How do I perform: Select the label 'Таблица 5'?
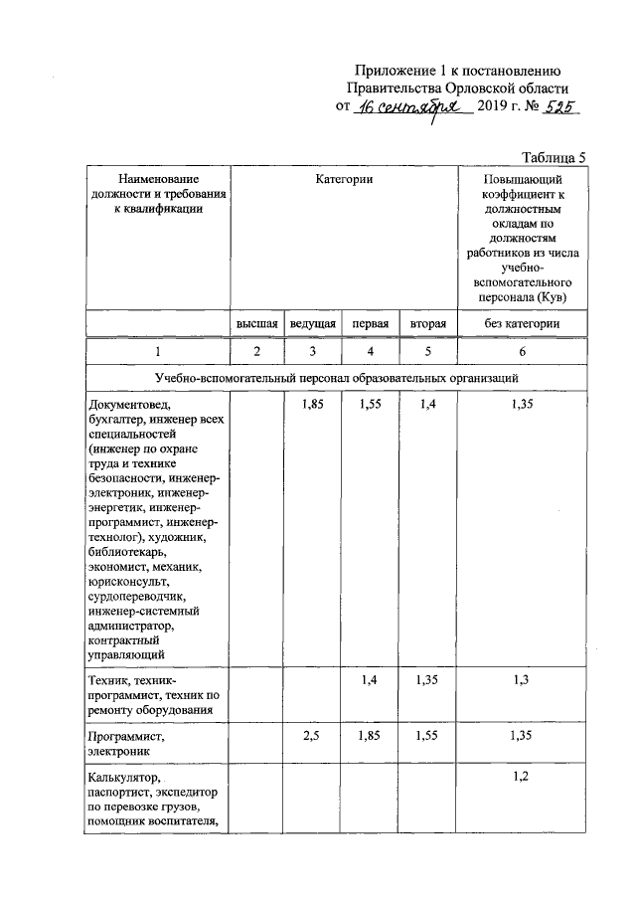[555, 157]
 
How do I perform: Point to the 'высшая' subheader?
[256, 324]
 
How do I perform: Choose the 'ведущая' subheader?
[312, 324]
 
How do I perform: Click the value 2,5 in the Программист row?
[311, 738]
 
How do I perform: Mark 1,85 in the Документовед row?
[312, 405]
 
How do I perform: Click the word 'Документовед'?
[130, 405]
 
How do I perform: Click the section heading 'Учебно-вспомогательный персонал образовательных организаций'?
[337, 379]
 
